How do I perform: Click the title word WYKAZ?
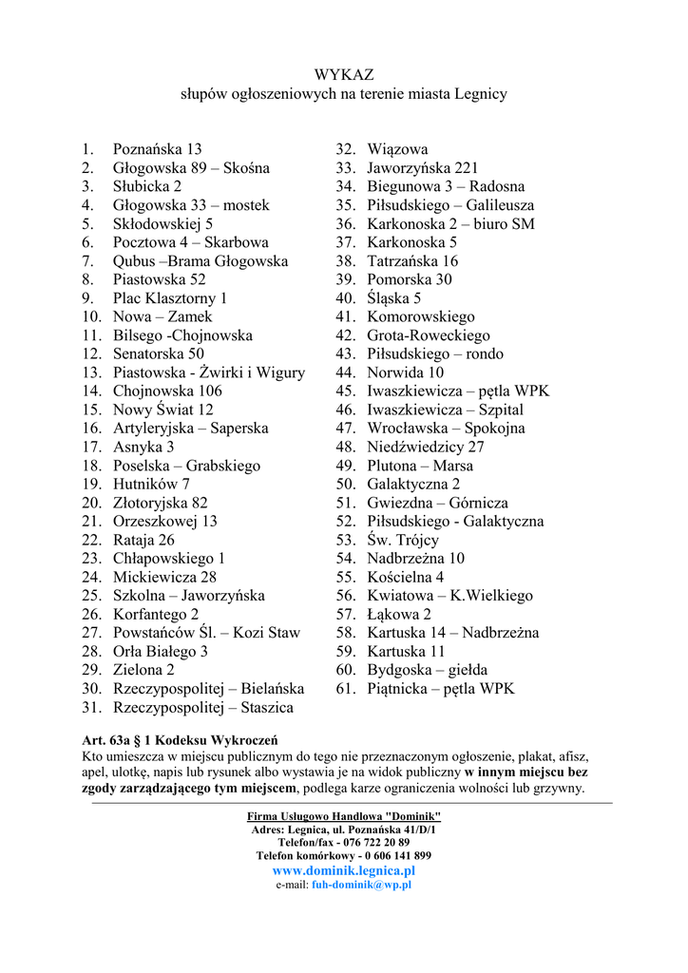tap(344, 74)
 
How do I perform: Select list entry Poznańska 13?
tap(157, 149)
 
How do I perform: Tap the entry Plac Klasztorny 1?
tap(170, 298)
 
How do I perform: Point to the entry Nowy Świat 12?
tap(162, 410)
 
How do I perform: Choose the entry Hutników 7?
tap(151, 484)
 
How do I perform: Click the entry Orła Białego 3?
tap(160, 652)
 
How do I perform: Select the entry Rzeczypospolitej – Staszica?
tap(202, 708)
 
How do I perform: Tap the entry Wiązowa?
tap(397, 149)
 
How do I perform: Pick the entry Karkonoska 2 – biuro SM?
tap(450, 224)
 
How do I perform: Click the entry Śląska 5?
tap(394, 298)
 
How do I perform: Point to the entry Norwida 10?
tap(405, 372)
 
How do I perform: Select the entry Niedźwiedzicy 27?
tap(426, 447)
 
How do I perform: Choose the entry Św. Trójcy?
tap(403, 540)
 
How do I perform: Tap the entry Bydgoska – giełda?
tap(427, 670)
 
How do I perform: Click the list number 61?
tap(345, 689)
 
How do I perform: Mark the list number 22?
tap(91, 540)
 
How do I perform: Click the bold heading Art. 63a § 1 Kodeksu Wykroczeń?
tap(181, 740)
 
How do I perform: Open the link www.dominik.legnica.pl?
tap(344, 870)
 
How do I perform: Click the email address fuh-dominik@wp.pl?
tap(361, 885)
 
